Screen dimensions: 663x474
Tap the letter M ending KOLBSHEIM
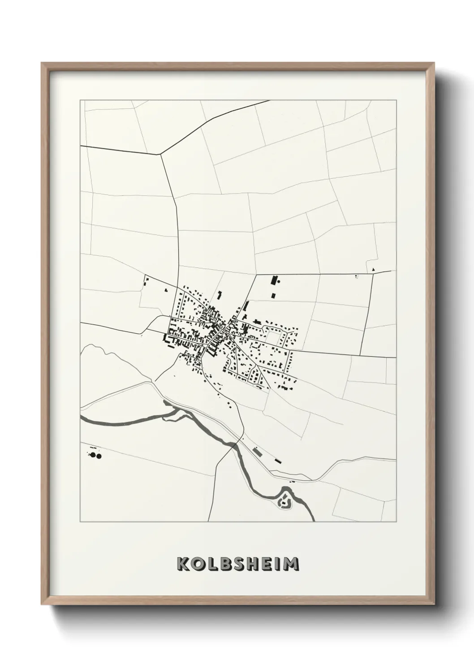291,564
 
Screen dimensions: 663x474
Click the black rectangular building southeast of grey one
278,460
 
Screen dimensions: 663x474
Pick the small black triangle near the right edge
373,270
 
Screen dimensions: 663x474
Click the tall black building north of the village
272,281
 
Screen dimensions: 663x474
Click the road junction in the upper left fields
160,155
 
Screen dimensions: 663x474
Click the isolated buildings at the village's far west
146,282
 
